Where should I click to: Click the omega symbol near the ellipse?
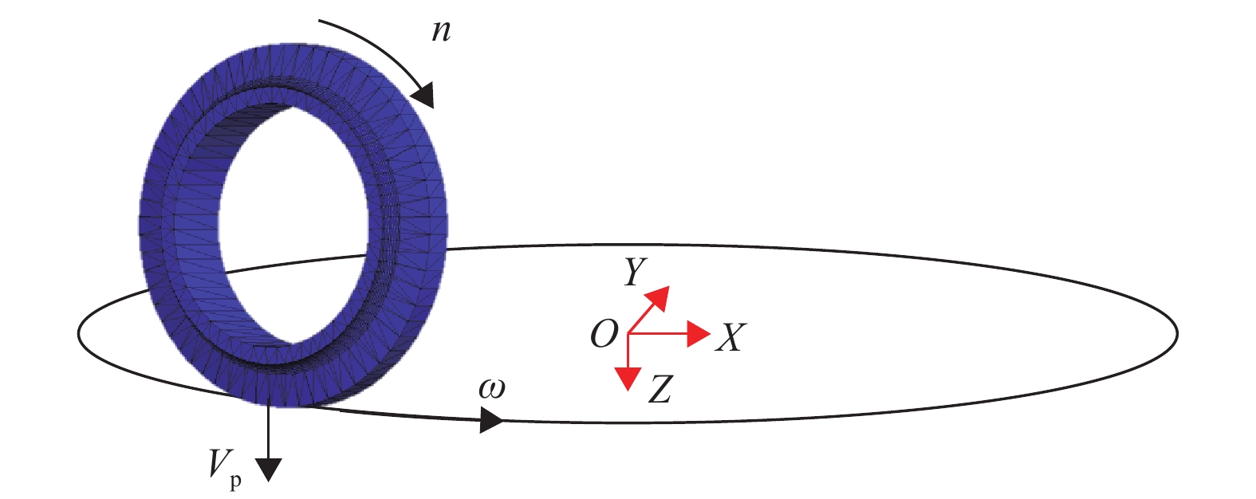coord(492,389)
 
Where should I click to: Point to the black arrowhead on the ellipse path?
coord(491,420)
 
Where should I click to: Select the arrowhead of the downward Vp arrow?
coord(270,470)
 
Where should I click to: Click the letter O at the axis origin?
coord(604,334)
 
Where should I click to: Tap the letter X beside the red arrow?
coord(730,338)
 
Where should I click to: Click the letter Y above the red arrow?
coord(635,273)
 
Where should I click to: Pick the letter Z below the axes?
coord(659,390)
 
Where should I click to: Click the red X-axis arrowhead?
coord(699,334)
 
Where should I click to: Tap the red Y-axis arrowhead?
coord(659,296)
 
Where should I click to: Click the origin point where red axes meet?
coord(629,334)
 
